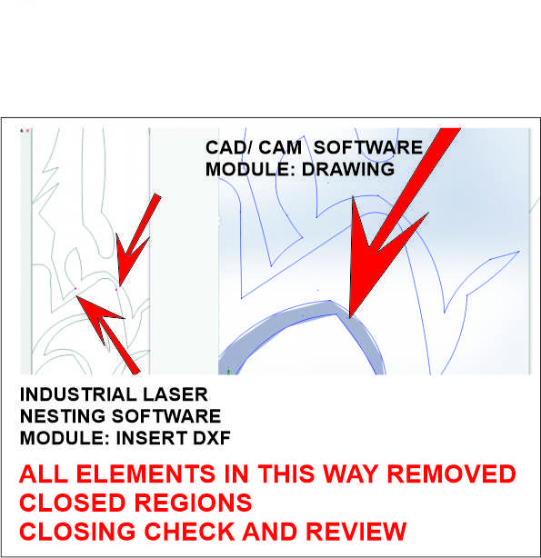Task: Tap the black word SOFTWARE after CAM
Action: coord(368,148)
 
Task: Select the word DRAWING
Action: coord(348,169)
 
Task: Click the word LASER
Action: coord(175,394)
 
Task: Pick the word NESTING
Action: coord(63,416)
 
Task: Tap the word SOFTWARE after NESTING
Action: coord(166,416)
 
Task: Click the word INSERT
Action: coord(152,438)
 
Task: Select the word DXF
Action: coord(212,438)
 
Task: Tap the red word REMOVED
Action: coord(451,473)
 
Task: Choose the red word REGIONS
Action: coord(193,503)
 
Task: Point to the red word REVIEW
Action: coord(356,532)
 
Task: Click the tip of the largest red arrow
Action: coord(350,318)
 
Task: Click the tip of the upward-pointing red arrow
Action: coord(75,295)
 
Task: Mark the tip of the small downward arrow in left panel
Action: coord(120,286)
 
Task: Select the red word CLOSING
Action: coord(77,532)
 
